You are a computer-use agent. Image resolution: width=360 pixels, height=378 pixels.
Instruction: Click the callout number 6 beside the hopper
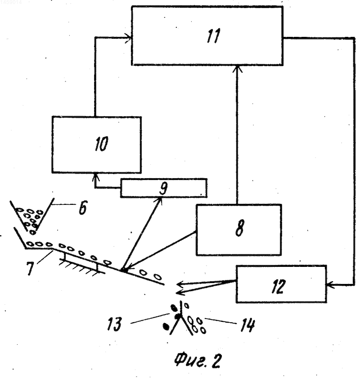[x=82, y=207]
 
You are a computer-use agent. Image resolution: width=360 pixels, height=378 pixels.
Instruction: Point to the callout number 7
[x=30, y=268]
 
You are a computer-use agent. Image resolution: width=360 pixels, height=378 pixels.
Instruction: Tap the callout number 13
[x=114, y=324]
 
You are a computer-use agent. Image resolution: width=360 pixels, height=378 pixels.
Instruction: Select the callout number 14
[x=247, y=325]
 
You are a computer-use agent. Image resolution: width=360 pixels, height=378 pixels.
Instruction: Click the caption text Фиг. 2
[x=197, y=360]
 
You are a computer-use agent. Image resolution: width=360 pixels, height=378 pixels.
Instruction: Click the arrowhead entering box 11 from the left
[x=128, y=38]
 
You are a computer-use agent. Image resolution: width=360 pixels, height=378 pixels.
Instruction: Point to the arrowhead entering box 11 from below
[x=237, y=68]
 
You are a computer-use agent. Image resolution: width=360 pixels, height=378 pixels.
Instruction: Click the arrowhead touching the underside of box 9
[x=159, y=200]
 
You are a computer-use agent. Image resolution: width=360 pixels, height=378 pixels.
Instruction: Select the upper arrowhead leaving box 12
[x=181, y=284]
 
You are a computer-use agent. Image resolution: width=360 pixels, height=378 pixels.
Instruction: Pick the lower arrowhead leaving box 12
[x=181, y=292]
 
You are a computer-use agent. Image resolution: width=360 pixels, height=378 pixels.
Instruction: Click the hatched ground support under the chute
[x=82, y=265]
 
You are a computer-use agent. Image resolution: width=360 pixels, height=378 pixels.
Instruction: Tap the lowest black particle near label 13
[x=166, y=326]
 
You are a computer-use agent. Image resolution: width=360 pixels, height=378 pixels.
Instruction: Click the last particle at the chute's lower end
[x=157, y=276]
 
